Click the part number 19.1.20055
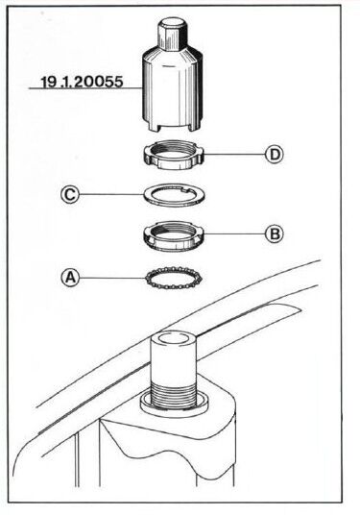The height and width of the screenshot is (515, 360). (x=82, y=82)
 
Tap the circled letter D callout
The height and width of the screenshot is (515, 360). (x=274, y=154)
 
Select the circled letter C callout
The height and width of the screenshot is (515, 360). (x=70, y=194)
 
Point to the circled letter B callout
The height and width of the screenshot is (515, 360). (x=274, y=233)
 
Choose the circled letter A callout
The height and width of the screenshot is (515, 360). (x=70, y=278)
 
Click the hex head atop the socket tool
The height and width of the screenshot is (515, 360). (x=172, y=34)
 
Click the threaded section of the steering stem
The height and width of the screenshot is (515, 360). (x=173, y=395)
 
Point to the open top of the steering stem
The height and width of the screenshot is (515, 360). (x=173, y=339)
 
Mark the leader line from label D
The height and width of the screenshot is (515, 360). (x=234, y=154)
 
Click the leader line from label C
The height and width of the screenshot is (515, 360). (x=112, y=194)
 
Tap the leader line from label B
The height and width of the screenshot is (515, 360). (x=234, y=233)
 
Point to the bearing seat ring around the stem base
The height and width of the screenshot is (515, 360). (x=173, y=407)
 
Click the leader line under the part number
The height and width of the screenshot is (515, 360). (x=86, y=88)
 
